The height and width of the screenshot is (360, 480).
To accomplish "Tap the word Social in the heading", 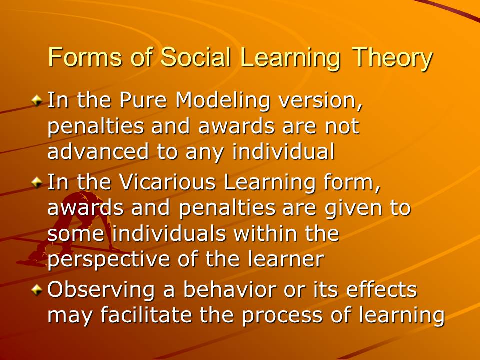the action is pyautogui.click(x=195, y=57).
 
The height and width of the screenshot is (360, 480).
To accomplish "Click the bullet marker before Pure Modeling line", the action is pyautogui.click(x=37, y=100).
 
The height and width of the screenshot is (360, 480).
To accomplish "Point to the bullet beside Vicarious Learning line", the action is pyautogui.click(x=37, y=182).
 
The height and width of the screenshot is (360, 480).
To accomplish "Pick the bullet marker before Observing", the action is pyautogui.click(x=37, y=289).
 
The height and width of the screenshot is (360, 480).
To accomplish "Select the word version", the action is pyautogui.click(x=321, y=101).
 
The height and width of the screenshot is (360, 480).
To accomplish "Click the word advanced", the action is pyautogui.click(x=98, y=151).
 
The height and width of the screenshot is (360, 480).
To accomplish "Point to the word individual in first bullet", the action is pyautogui.click(x=284, y=151).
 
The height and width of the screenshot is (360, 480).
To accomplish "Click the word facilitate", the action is pyautogui.click(x=146, y=315).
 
